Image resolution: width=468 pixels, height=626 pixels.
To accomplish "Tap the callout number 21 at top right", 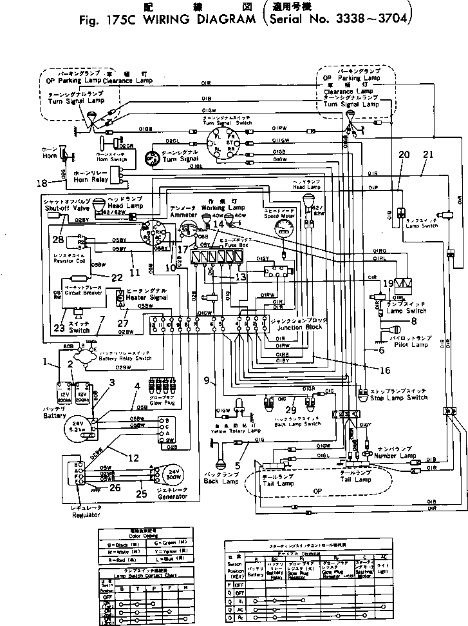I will point(428,154).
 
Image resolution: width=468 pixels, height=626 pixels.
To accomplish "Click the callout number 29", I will point(292,409).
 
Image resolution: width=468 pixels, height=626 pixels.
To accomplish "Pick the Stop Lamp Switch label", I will point(398,398).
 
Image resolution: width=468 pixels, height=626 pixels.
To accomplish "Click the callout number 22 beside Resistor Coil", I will point(117,277).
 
